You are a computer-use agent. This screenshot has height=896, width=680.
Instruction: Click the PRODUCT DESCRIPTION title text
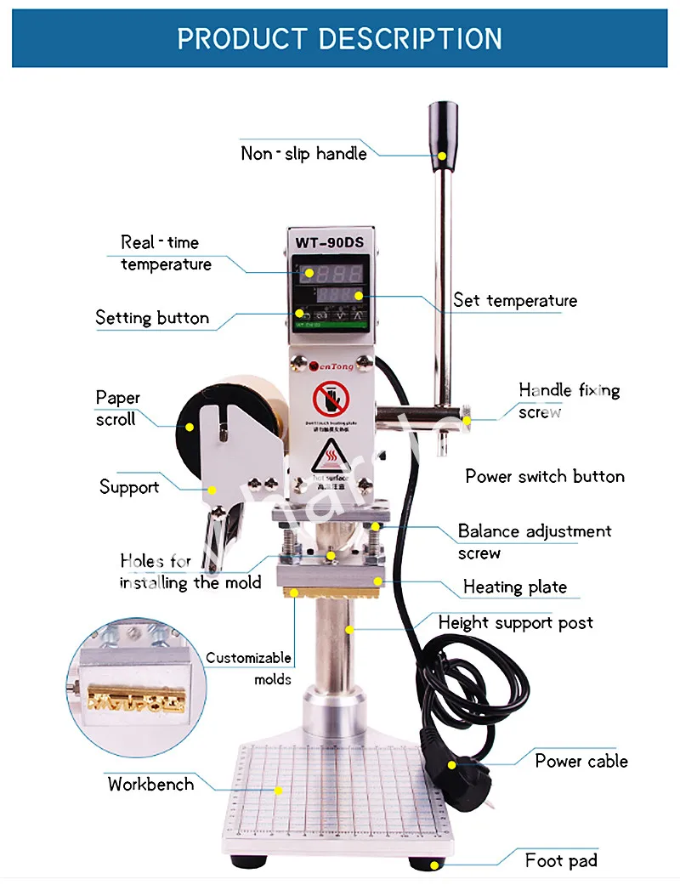(340, 38)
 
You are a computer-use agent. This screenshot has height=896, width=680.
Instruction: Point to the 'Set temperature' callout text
(515, 300)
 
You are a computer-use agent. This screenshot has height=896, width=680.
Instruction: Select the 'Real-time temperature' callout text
(166, 253)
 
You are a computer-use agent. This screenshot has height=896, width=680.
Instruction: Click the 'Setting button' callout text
(152, 318)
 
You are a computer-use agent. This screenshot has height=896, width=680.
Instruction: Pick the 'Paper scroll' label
(117, 408)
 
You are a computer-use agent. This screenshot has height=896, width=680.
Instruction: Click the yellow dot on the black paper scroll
(190, 427)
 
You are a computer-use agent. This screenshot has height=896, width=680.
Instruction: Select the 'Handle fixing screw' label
(569, 400)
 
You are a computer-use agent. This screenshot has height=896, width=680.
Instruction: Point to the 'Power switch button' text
(545, 476)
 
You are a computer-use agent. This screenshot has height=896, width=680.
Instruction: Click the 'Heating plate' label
(515, 587)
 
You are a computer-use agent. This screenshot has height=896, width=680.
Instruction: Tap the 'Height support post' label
(516, 622)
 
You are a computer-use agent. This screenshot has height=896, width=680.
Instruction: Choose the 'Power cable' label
(581, 761)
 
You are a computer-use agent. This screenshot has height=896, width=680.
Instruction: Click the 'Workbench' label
(150, 784)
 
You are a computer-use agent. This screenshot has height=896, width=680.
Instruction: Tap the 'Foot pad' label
(561, 860)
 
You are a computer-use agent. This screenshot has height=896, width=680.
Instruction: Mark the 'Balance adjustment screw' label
(535, 542)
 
